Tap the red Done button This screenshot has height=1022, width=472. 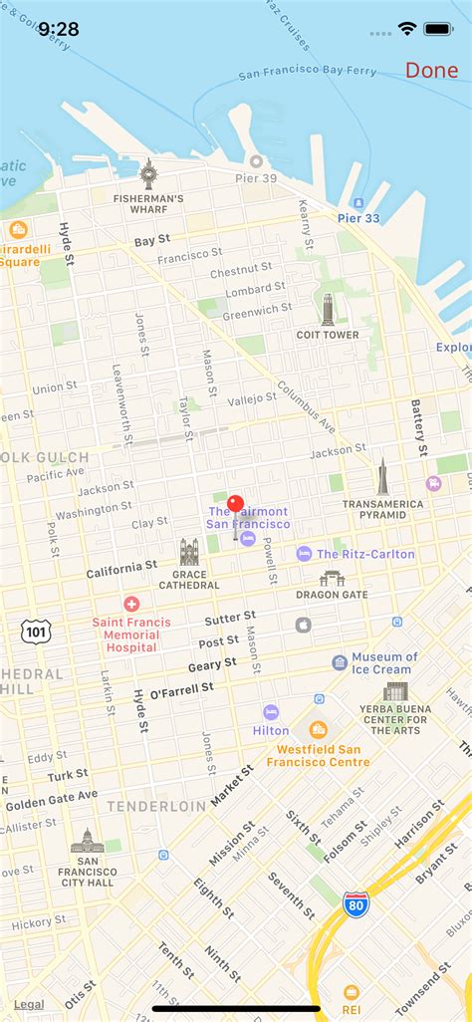coord(431,71)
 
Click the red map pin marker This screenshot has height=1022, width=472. coord(236,505)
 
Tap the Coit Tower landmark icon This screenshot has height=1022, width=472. coord(328,309)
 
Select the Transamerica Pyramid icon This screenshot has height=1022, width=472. coord(382,477)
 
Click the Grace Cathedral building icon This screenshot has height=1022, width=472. coord(189,552)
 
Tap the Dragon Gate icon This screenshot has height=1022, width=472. coord(332,578)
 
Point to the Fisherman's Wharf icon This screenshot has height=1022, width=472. coord(148,174)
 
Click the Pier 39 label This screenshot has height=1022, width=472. coord(257,177)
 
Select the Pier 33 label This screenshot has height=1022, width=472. coord(358,217)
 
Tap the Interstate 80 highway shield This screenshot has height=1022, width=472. coord(354,904)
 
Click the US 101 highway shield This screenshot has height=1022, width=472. coord(35,631)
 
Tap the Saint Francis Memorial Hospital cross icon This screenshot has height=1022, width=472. coord(131,604)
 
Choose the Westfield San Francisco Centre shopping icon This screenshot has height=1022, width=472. coord(318,730)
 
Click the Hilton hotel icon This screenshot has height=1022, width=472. coord(271,712)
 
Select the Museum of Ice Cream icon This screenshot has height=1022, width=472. coord(340,662)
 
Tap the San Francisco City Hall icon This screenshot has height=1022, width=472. coord(86,841)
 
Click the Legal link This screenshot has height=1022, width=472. coord(29,1004)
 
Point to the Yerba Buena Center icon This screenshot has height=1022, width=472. coord(395,691)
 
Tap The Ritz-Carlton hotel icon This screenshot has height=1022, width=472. coord(304,554)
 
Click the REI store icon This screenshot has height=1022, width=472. coord(351,992)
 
